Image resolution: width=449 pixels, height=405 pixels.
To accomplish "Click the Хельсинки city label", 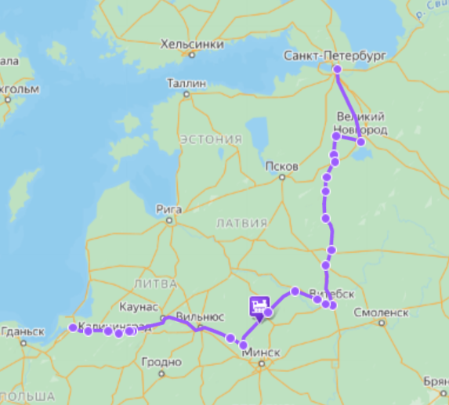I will [x=187, y=45].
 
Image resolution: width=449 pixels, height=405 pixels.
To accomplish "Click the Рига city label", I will [x=168, y=208].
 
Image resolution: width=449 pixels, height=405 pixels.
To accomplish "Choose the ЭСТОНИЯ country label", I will [x=211, y=139].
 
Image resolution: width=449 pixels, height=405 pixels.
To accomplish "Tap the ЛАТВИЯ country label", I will [x=241, y=223].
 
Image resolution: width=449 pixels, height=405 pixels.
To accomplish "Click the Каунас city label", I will [x=140, y=306].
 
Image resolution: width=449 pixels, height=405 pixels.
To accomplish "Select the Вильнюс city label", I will [x=201, y=316].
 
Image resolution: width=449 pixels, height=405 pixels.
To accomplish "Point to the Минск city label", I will [x=261, y=353].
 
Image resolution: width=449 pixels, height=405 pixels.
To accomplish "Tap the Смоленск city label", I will [x=382, y=312].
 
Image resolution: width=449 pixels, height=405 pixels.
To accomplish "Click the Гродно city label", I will [x=161, y=362].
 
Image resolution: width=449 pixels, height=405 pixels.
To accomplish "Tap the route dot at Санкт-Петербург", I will [x=337, y=70].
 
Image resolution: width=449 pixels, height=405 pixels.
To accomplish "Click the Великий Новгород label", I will [x=360, y=123].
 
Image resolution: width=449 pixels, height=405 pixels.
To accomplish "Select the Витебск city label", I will [x=338, y=294].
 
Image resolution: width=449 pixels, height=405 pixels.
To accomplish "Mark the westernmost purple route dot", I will [x=72, y=327].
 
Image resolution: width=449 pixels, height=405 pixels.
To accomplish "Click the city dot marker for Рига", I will [x=168, y=220].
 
